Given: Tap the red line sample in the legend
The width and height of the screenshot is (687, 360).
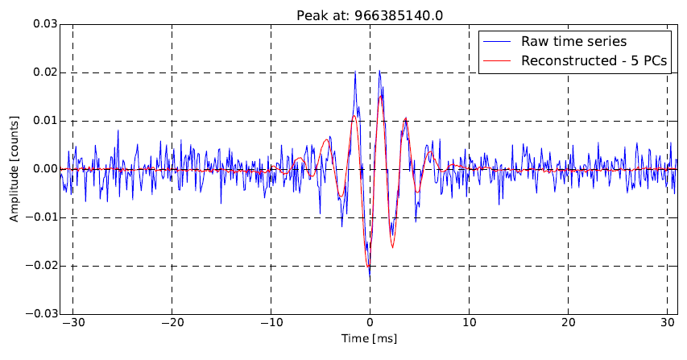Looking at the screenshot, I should [x=497, y=62].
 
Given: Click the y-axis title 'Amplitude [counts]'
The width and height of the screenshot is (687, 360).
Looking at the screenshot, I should [x=14, y=169].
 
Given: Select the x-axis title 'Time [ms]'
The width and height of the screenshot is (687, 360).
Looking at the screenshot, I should [x=370, y=339].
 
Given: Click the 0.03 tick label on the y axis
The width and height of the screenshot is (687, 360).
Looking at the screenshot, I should [x=44, y=24].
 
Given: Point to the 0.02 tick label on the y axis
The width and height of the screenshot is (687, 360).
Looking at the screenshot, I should [x=44, y=72].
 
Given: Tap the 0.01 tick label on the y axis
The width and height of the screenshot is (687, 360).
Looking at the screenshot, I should [x=44, y=121].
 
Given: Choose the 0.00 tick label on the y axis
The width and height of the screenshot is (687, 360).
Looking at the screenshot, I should [x=44, y=169].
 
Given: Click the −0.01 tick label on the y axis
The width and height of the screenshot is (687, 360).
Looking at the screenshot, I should [x=41, y=217].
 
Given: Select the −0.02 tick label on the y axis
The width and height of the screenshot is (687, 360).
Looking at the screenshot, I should [x=41, y=266].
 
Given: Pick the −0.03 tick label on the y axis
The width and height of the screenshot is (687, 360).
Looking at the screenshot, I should [x=41, y=314].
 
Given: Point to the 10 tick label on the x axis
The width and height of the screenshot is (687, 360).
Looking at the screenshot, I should [x=470, y=324].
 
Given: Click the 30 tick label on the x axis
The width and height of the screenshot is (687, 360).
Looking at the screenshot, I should [x=668, y=324].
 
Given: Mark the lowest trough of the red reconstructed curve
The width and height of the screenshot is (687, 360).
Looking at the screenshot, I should [x=368, y=267].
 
